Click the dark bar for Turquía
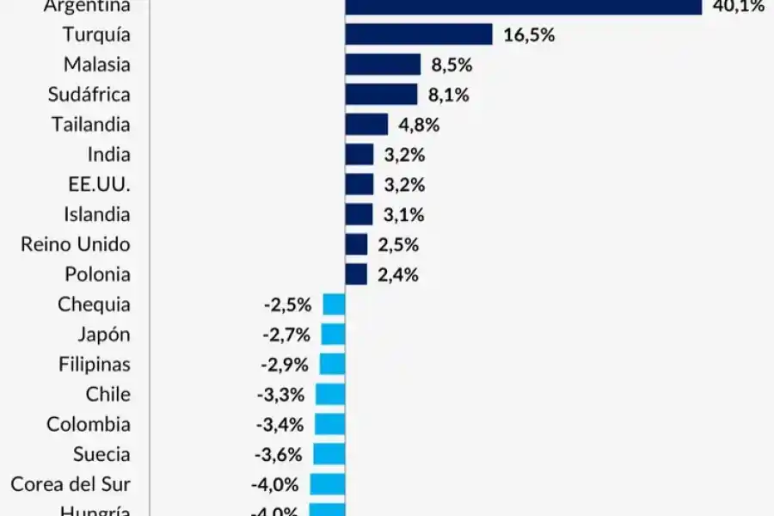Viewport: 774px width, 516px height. [419, 34]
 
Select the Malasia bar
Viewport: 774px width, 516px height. [383, 64]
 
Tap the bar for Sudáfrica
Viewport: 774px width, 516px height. [381, 95]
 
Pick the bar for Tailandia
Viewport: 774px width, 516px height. [366, 125]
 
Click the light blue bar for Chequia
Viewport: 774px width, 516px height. [334, 304]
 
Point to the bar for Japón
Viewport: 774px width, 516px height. [333, 335]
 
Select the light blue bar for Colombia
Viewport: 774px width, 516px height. [329, 424]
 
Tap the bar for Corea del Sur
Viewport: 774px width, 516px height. [328, 484]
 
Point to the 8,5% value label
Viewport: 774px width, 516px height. [451, 65]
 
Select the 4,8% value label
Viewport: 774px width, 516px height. [419, 125]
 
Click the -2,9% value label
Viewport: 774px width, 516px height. [284, 365]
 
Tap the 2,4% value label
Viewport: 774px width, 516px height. [398, 275]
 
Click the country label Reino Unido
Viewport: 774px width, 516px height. [76, 244]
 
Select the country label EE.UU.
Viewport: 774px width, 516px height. [99, 185]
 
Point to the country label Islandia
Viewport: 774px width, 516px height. [97, 214]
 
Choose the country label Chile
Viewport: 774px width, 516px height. [108, 394]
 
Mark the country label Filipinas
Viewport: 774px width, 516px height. [95, 364]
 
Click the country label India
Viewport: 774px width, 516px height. [109, 155]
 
